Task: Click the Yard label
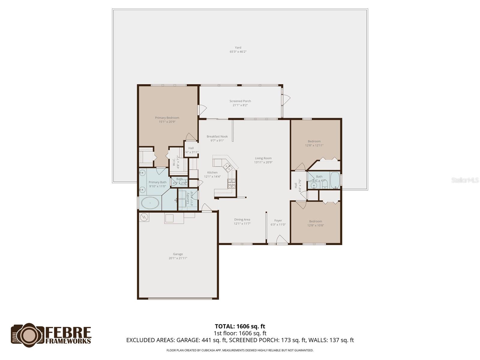238,47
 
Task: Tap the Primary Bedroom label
167,118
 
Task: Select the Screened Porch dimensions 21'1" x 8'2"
240,105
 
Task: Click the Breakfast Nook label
217,136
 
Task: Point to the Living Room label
263,158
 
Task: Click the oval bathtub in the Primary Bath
150,203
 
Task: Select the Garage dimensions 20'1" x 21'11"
178,258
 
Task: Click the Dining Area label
242,220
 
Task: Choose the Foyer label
278,220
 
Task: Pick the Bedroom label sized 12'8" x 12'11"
314,141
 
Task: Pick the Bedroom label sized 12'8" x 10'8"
316,221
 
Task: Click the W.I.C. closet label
174,162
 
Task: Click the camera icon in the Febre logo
28,335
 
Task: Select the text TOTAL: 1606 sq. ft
240,326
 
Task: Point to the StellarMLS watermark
465,180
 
